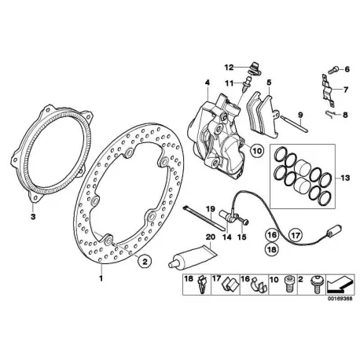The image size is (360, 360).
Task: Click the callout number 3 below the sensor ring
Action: click(33, 217)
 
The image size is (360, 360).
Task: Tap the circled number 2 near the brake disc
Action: click(145, 260)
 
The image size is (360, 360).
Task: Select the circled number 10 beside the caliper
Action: click(256, 150)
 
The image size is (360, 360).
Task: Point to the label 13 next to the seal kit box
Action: click(345, 178)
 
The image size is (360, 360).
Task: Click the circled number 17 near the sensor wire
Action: click(296, 235)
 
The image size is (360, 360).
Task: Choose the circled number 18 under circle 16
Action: click(272, 249)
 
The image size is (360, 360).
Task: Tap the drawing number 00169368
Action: click(340, 299)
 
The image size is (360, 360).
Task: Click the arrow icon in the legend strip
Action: click(340, 285)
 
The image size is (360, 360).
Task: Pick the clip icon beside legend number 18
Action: click(201, 285)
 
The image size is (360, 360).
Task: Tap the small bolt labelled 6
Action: click(333, 70)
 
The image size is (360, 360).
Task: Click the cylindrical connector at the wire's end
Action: click(334, 231)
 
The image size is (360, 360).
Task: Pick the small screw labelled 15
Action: click(244, 221)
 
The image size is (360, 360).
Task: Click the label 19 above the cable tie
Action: click(211, 209)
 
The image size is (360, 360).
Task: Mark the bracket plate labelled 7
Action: click(327, 90)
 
